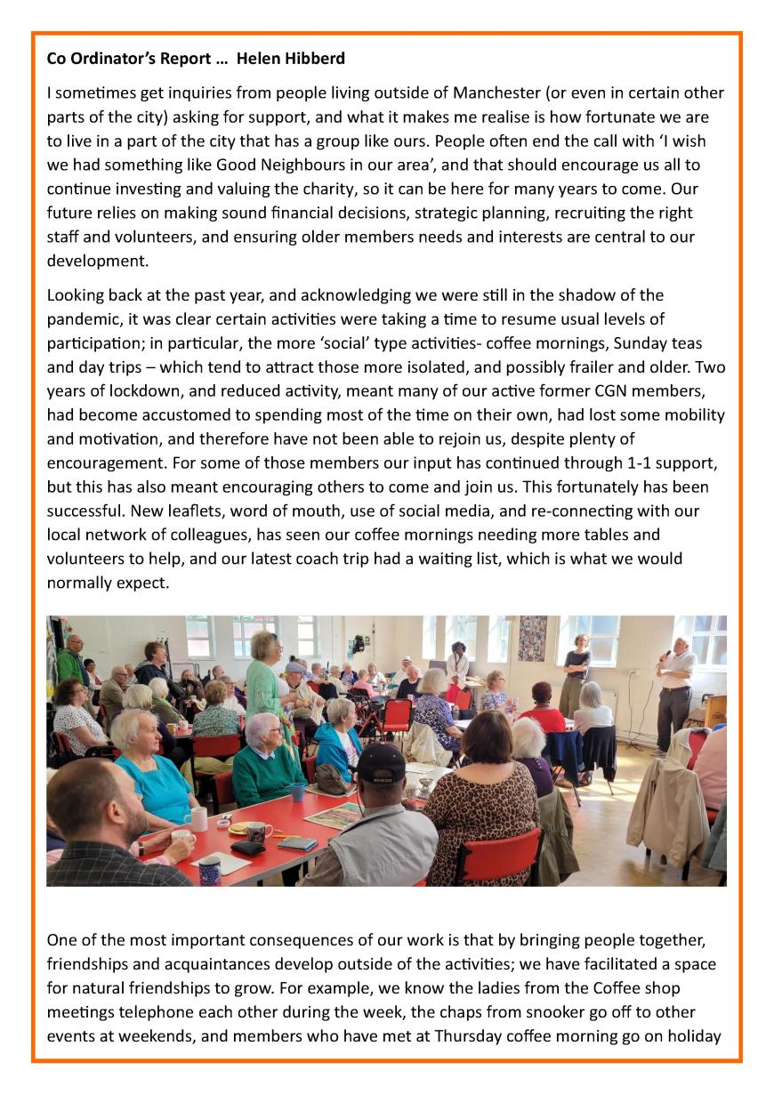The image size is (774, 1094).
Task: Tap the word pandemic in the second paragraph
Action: (85, 319)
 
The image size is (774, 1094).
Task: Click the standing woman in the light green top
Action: (264, 685)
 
